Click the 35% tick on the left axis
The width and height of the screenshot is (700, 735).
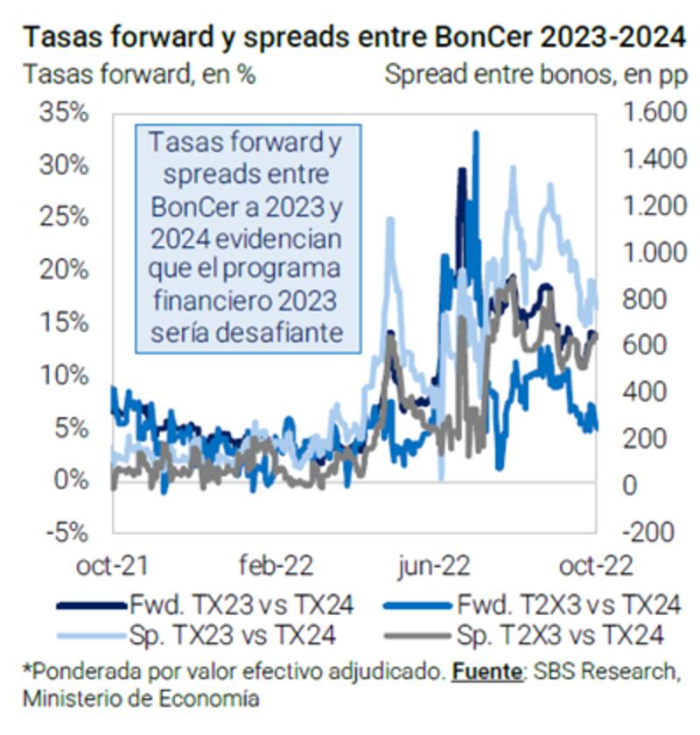click(x=64, y=114)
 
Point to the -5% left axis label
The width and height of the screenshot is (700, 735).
click(x=64, y=532)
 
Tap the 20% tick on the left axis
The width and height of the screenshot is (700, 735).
click(x=64, y=270)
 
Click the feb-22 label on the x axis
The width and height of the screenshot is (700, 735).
click(x=276, y=565)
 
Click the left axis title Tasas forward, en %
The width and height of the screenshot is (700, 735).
click(x=139, y=74)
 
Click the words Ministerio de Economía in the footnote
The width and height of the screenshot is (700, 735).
click(x=141, y=699)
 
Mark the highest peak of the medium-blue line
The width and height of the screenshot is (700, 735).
click(x=476, y=132)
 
